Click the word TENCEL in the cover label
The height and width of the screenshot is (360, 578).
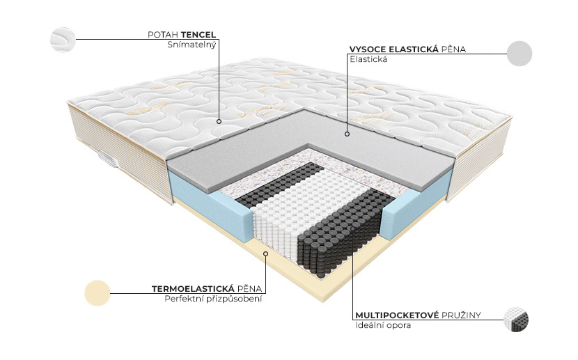(x=198, y=35)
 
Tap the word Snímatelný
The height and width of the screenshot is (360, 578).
(x=192, y=45)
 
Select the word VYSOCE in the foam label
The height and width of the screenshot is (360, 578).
(x=367, y=49)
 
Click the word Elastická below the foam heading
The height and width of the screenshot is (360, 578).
(x=368, y=59)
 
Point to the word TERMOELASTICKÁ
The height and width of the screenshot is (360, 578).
(x=193, y=288)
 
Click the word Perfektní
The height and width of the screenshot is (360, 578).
(x=181, y=299)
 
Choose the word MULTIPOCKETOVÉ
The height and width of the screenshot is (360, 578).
(x=397, y=315)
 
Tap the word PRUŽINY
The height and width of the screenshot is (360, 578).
(x=461, y=315)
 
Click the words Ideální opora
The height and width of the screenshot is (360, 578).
(x=383, y=325)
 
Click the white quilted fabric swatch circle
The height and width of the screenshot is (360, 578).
(x=63, y=40)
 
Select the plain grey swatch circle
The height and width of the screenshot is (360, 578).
(x=520, y=54)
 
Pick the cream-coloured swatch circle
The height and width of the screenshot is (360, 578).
(x=97, y=293)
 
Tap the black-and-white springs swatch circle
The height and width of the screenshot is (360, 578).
(x=516, y=320)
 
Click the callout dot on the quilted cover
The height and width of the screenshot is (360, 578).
(x=219, y=121)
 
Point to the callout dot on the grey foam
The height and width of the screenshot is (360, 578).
(x=347, y=134)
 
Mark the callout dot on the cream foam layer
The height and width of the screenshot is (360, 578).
(x=266, y=253)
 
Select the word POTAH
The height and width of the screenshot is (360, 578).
(x=163, y=35)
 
